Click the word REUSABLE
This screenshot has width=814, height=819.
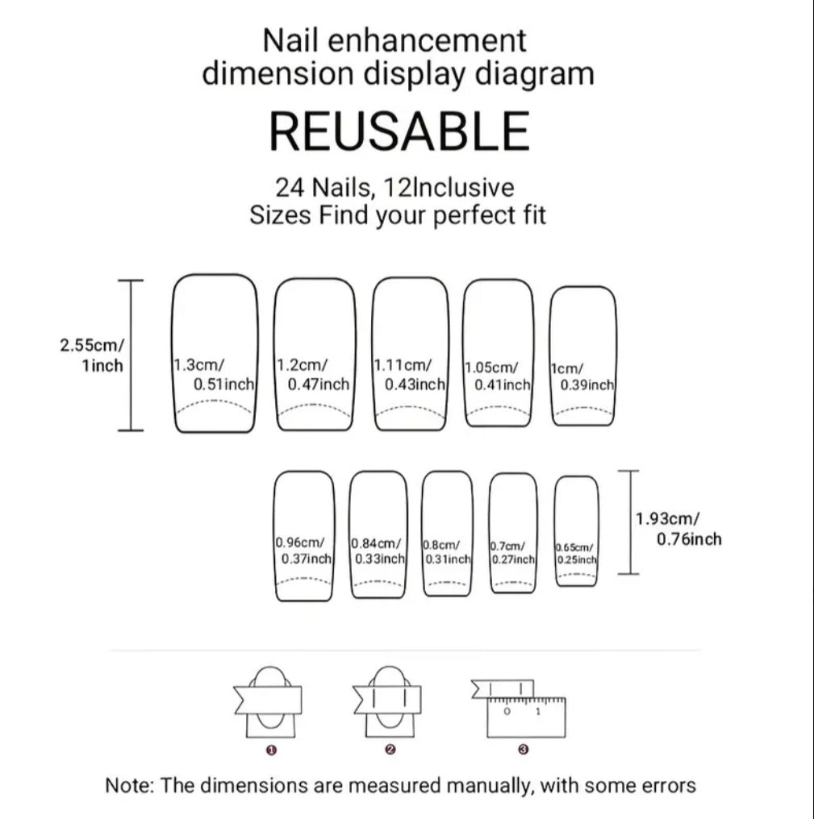(399, 131)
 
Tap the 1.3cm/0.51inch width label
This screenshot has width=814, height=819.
(214, 374)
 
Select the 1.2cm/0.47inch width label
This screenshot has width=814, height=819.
(313, 374)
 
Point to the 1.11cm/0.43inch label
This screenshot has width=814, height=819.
(409, 374)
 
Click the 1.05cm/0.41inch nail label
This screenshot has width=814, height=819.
(498, 376)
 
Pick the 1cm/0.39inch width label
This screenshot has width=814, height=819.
(582, 376)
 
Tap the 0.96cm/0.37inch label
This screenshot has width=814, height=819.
(303, 551)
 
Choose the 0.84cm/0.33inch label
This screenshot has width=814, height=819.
(378, 551)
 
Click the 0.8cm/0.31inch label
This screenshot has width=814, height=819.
(447, 552)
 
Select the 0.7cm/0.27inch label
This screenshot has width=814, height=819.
(512, 553)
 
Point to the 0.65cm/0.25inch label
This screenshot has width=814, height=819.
(575, 554)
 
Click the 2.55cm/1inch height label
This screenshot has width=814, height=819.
(92, 355)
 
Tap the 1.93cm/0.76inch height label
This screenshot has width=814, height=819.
(678, 529)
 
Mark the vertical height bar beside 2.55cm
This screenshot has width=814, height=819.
(131, 355)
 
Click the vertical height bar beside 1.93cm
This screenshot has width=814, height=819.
(629, 522)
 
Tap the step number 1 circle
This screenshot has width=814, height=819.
(271, 750)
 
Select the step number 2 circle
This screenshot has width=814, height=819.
(390, 750)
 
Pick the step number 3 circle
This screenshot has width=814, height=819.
(524, 750)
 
